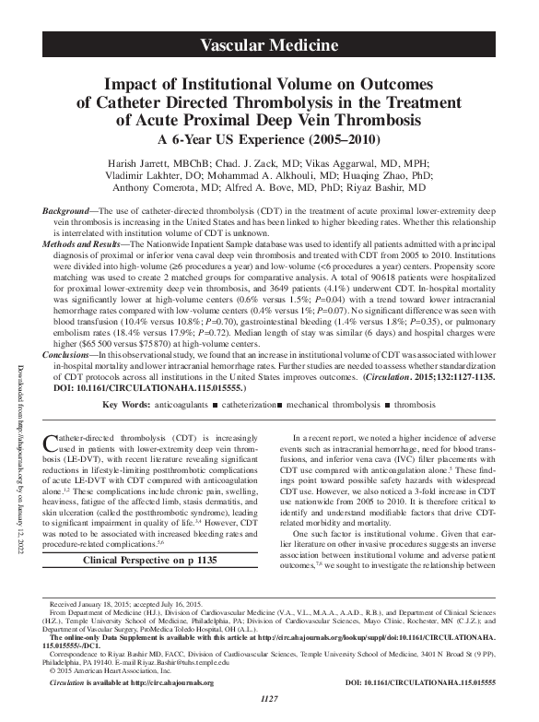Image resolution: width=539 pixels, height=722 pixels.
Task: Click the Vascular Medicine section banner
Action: [x=270, y=44]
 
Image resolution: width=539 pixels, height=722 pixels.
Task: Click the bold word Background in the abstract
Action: [x=68, y=212]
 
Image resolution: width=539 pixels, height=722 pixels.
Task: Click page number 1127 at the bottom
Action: [x=270, y=710]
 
